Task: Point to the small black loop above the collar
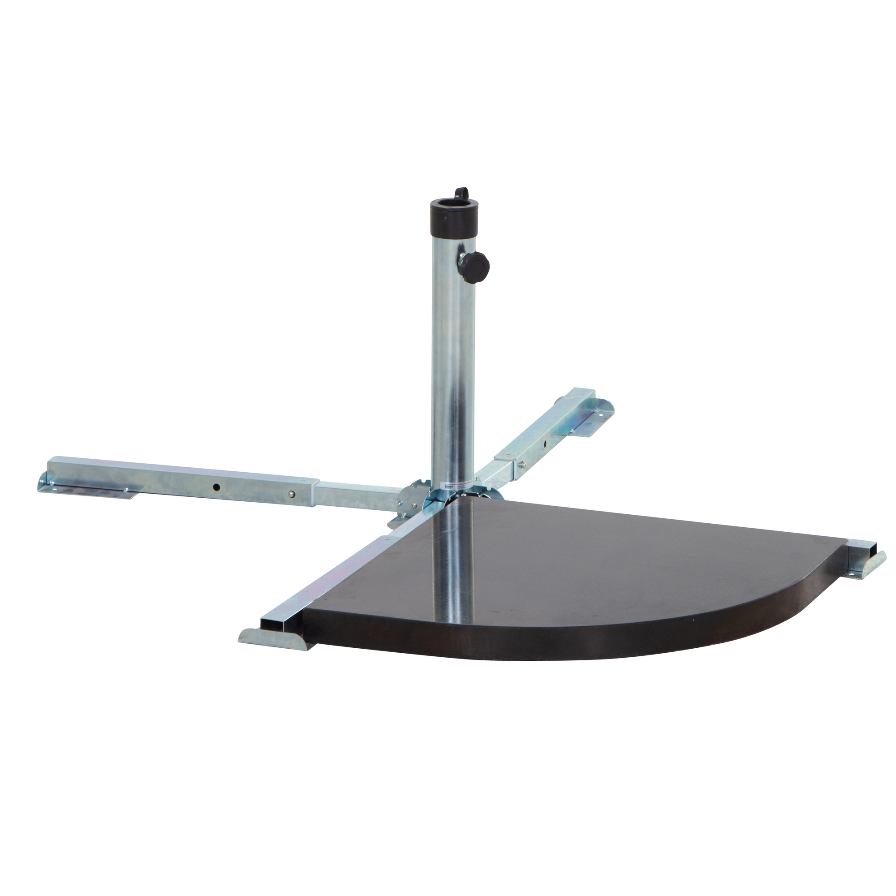point(461,193)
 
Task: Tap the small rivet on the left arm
point(291,493)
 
